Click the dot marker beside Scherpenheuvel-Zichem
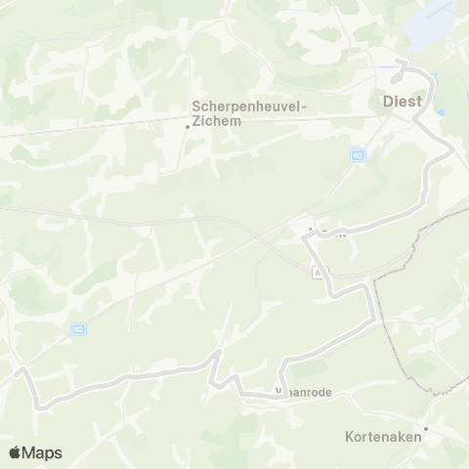point(188,125)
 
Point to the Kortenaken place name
point(384,437)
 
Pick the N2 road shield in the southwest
point(77,330)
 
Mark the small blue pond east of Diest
point(443,113)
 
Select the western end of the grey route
point(18,371)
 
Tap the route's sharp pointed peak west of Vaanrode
point(222,351)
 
